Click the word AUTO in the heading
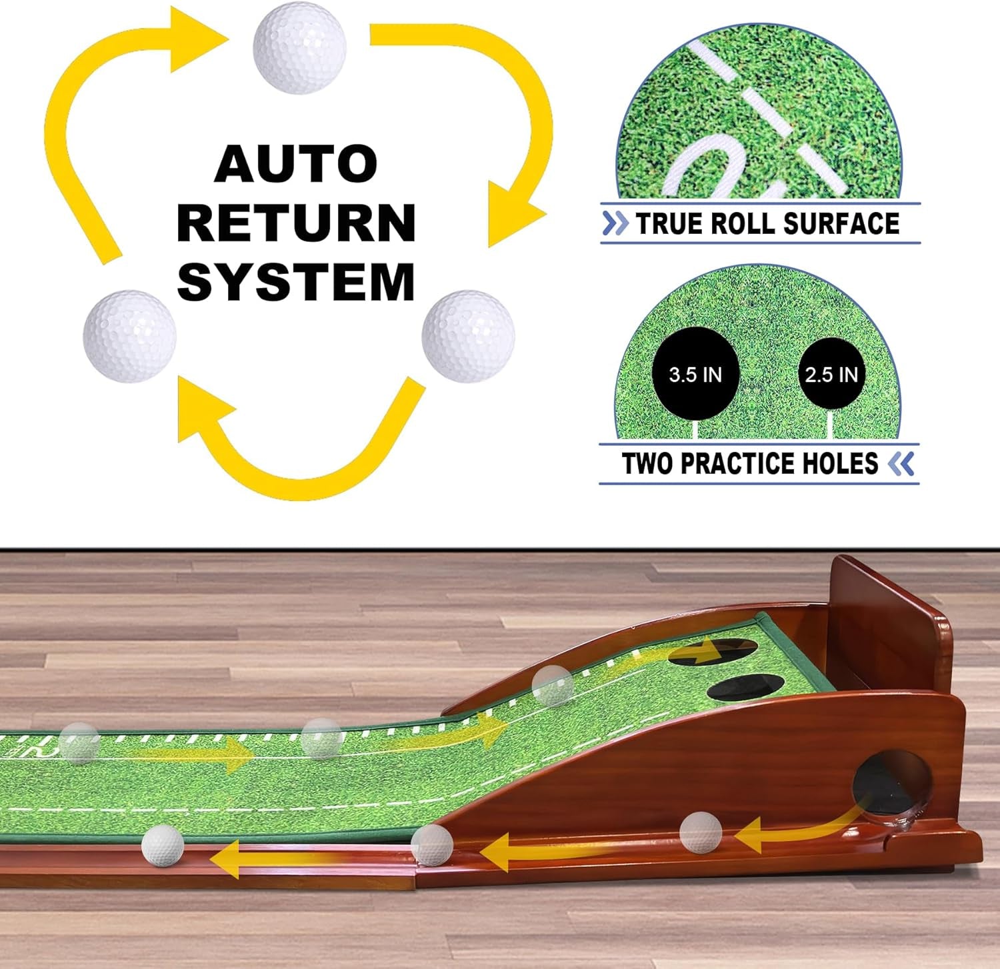click(x=296, y=163)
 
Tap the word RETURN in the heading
click(x=296, y=223)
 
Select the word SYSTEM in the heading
click(x=296, y=282)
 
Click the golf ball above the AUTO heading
click(x=299, y=47)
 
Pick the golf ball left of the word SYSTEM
click(x=129, y=336)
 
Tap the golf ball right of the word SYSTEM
click(x=468, y=336)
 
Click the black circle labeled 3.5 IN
click(x=695, y=374)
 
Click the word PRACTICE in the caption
click(x=740, y=463)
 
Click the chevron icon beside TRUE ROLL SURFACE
click(x=615, y=223)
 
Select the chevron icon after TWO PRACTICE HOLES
click(x=901, y=463)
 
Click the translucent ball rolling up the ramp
click(x=553, y=686)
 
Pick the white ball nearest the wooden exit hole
click(x=701, y=833)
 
